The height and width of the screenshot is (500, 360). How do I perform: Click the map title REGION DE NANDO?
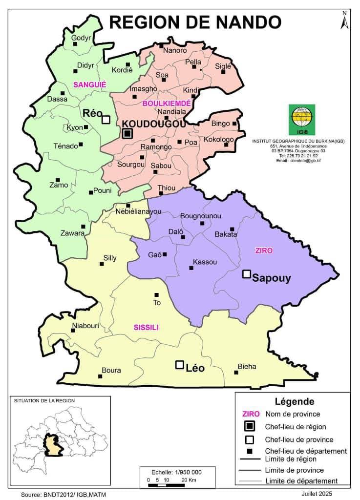[x=195, y=22]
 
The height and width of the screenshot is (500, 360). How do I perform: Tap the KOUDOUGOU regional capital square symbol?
[x=127, y=133]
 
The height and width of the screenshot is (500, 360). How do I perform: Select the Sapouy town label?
[x=271, y=278]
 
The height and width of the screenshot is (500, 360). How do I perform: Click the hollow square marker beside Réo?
[x=106, y=120]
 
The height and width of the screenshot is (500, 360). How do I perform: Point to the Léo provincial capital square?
[x=179, y=365]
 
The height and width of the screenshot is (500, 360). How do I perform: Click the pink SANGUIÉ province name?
[x=89, y=84]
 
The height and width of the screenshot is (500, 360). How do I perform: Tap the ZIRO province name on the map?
[x=264, y=250]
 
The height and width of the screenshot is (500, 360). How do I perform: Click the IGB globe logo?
[x=301, y=119]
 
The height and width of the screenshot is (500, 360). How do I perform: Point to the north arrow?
[x=344, y=21]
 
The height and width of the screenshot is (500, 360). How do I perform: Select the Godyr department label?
[x=81, y=38]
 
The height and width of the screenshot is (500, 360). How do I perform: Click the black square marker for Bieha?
[x=236, y=373]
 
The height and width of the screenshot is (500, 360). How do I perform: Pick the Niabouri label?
[x=85, y=326]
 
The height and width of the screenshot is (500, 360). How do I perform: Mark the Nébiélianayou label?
[x=138, y=211]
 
